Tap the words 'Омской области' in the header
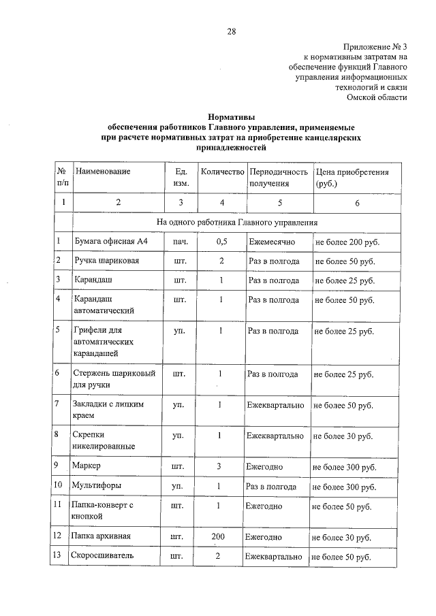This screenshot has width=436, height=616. click(377, 97)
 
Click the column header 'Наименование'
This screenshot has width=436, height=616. click(103, 172)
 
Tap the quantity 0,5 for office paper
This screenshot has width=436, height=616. click(221, 242)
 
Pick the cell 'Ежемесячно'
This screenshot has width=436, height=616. click(273, 242)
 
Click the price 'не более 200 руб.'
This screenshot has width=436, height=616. click(346, 242)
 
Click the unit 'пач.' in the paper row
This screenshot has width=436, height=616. click(181, 242)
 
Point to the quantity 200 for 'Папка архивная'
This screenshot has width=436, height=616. click(218, 537)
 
